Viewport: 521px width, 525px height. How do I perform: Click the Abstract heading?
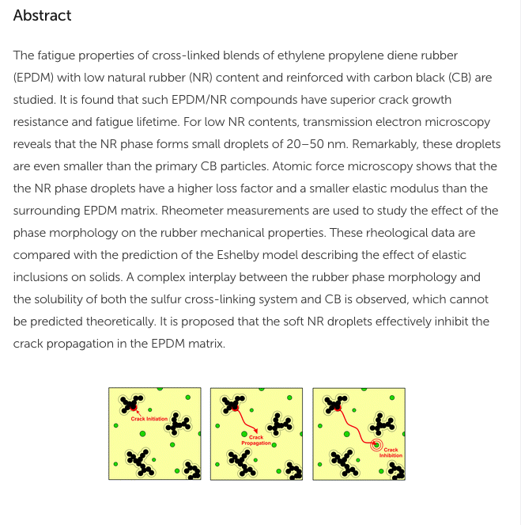coord(42,15)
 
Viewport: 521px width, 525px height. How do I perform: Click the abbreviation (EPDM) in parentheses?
coord(35,78)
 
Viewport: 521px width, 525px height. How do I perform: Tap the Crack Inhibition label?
coord(391,453)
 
